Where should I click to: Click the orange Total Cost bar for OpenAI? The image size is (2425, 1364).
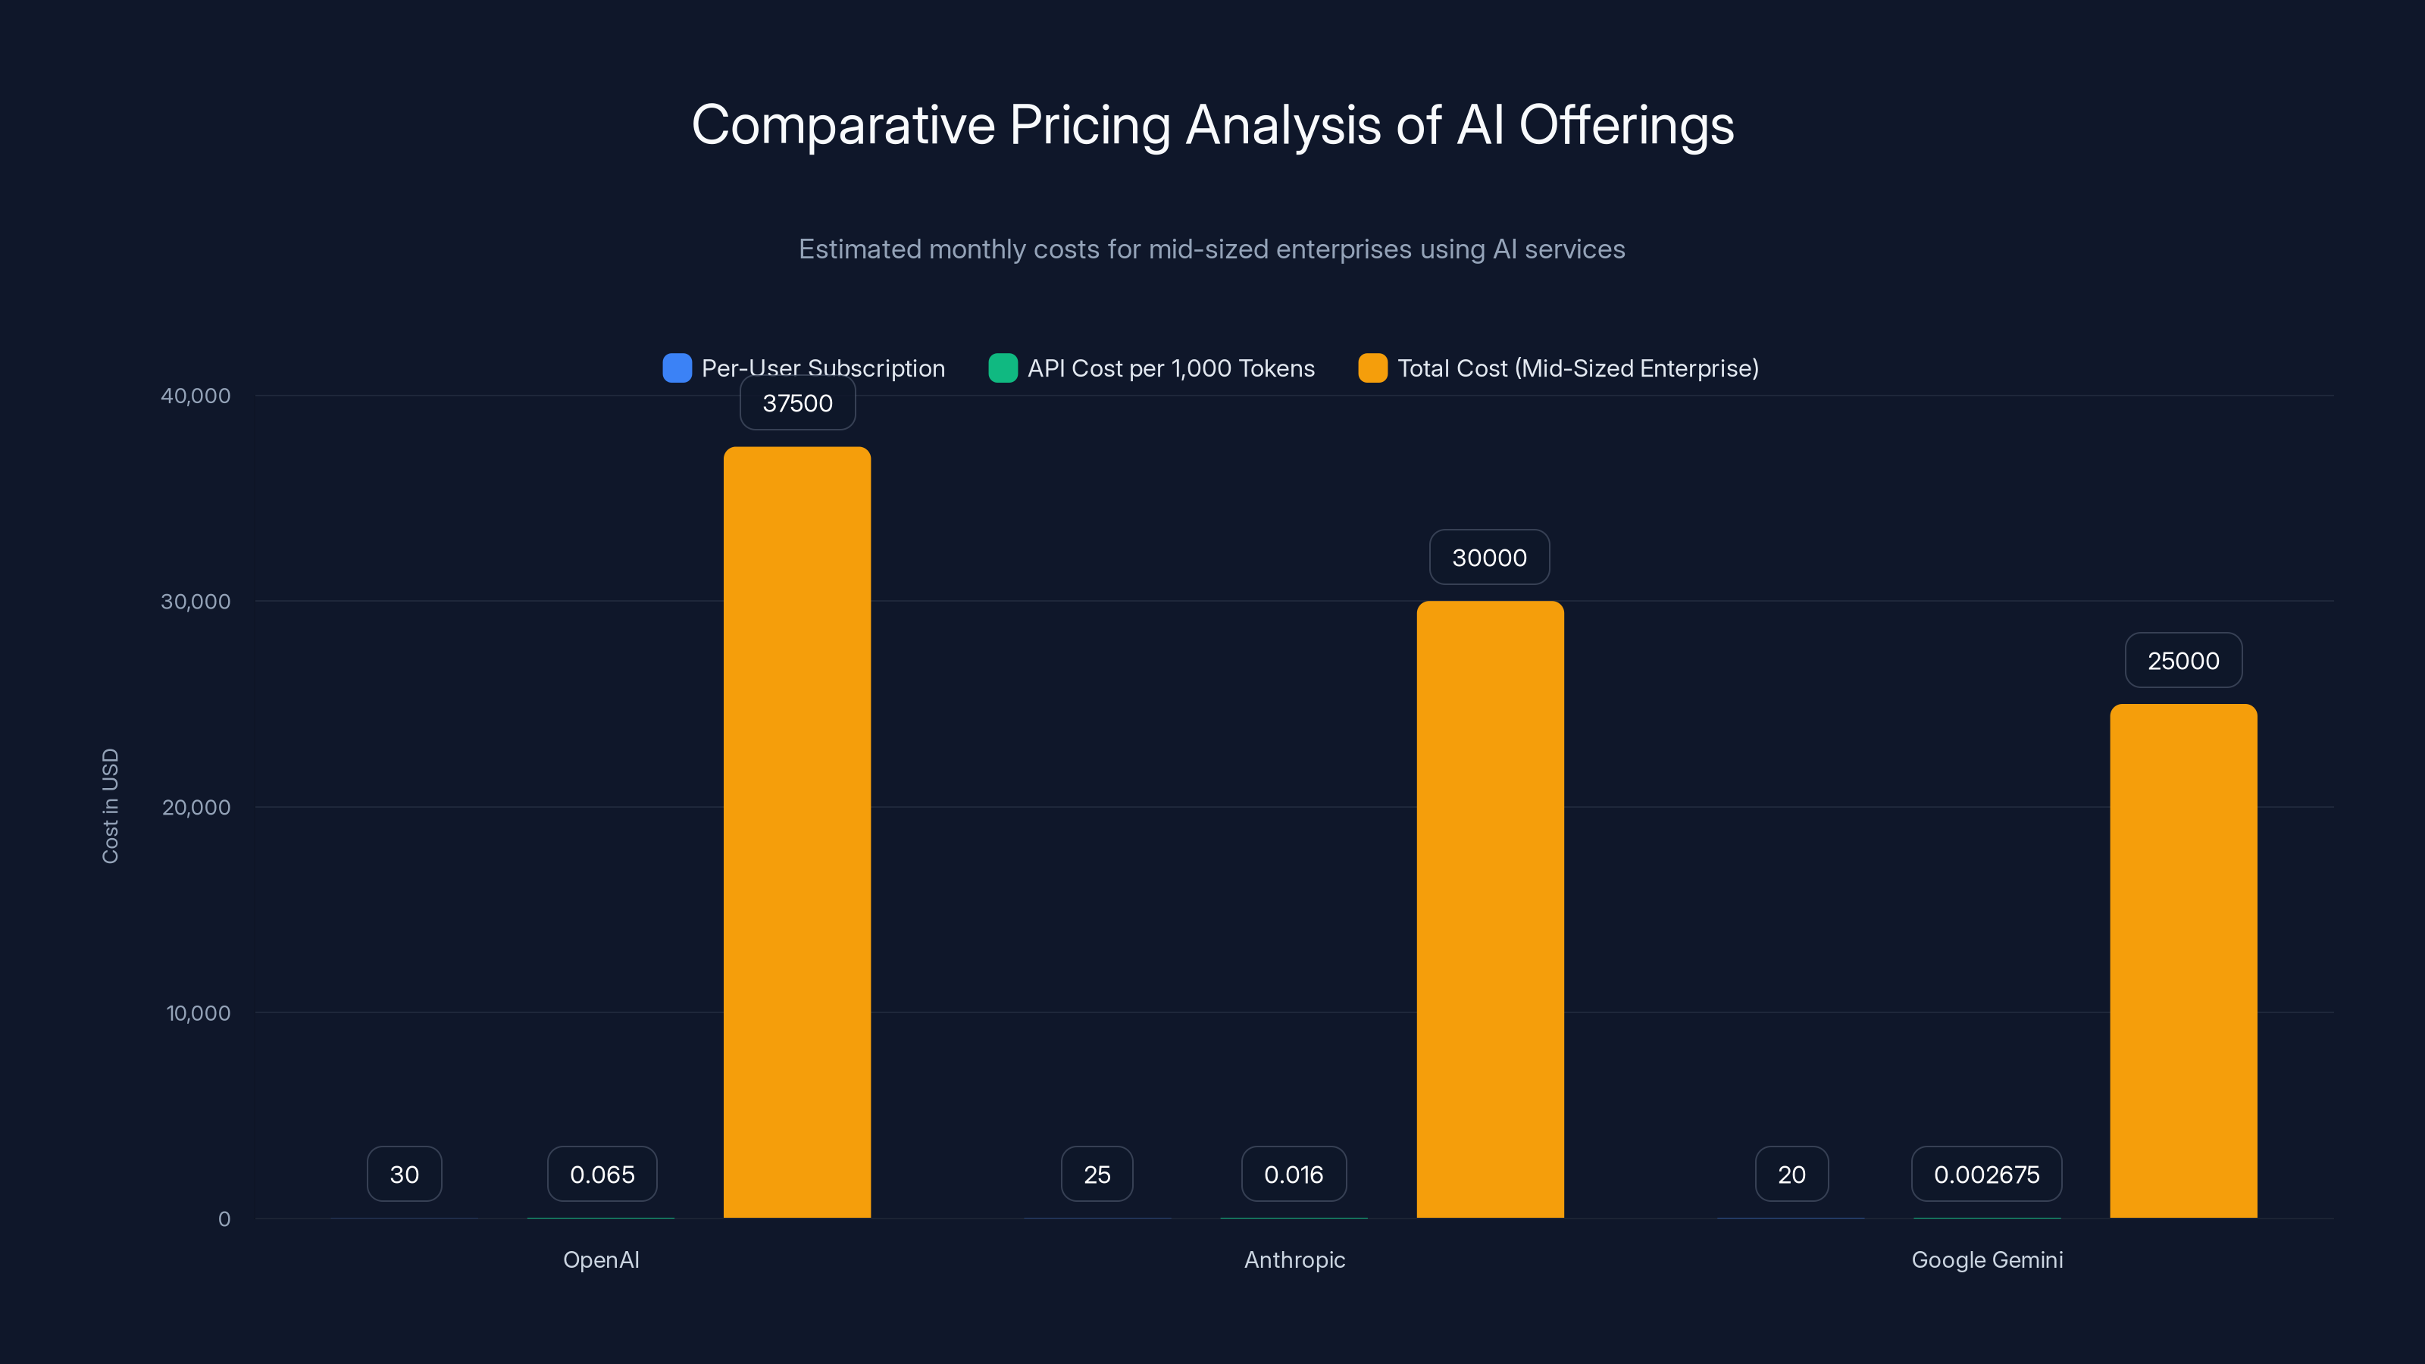click(x=796, y=832)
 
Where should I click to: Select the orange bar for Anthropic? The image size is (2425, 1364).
click(x=1489, y=909)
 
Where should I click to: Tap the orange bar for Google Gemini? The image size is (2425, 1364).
click(x=2183, y=960)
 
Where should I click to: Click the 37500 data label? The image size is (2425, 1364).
click(x=797, y=403)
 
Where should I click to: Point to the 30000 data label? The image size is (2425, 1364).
click(x=1489, y=557)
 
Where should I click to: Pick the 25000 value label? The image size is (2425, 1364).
click(x=2183, y=661)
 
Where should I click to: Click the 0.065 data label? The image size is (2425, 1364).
click(x=602, y=1174)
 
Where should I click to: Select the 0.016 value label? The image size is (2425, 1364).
click(x=1294, y=1174)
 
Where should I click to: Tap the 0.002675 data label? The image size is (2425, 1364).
click(x=1986, y=1174)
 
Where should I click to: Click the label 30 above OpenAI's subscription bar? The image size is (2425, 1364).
click(x=404, y=1174)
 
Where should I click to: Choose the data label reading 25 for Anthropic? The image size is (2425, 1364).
click(x=1097, y=1174)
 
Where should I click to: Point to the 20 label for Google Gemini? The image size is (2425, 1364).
click(x=1791, y=1174)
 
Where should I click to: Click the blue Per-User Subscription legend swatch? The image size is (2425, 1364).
click(x=677, y=368)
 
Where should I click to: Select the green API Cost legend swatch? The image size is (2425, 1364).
click(x=1003, y=368)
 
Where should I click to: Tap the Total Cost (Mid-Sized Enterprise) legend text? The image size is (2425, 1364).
click(x=1578, y=368)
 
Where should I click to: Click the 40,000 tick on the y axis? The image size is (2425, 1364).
click(x=195, y=396)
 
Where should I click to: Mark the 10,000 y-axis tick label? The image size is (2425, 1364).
click(x=198, y=1013)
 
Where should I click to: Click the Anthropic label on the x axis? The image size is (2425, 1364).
click(x=1294, y=1259)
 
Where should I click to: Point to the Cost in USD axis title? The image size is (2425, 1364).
click(x=110, y=806)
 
